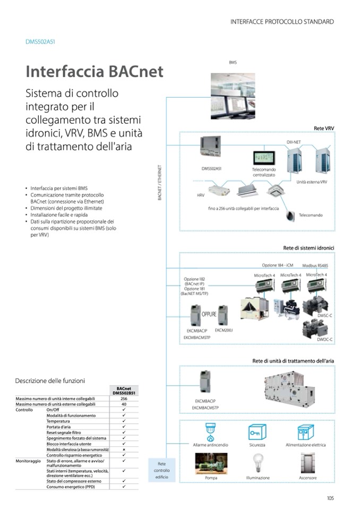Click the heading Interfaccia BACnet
(95, 71)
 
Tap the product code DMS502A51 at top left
(40, 41)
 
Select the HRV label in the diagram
(200, 195)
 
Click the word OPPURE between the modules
(209, 314)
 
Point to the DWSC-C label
(324, 315)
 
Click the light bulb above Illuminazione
(258, 463)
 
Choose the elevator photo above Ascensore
(308, 463)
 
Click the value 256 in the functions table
(124, 398)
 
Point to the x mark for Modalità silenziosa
(124, 450)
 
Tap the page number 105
(329, 497)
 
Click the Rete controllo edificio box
(161, 470)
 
